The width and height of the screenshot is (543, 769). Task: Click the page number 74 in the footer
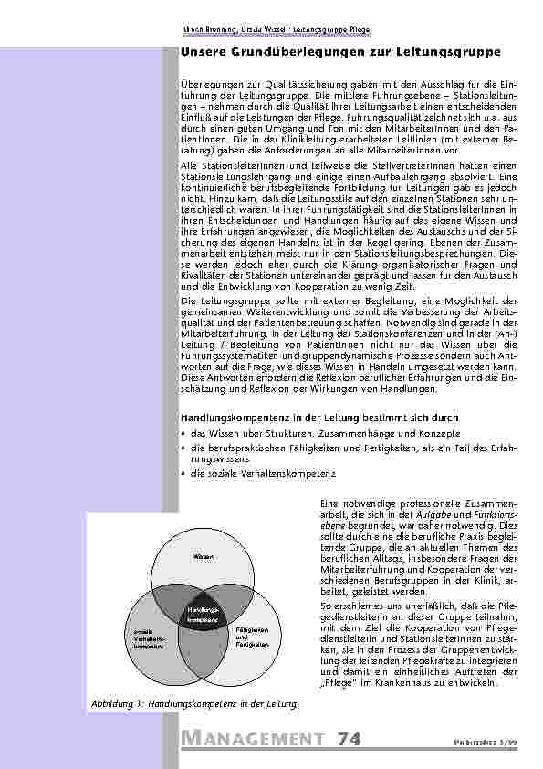352,738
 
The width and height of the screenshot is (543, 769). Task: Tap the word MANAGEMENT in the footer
252,739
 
